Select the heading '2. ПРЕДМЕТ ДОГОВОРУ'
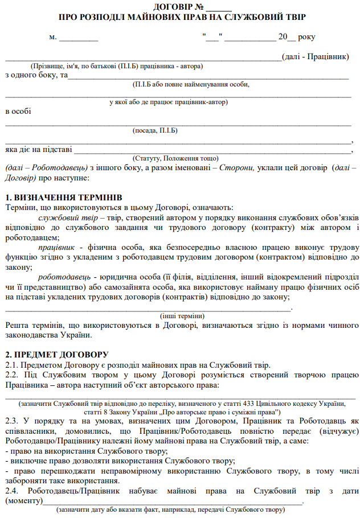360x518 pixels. pos(56,354)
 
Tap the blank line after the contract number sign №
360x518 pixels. pos(218,7)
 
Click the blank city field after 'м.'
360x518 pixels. pos(79,38)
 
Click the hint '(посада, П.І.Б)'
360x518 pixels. pos(155,130)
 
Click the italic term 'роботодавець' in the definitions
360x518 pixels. pos(62,277)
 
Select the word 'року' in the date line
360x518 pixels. pos(306,38)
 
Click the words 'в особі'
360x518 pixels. pos(18,112)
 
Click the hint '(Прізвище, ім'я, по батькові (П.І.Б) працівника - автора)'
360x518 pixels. pos(116,66)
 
